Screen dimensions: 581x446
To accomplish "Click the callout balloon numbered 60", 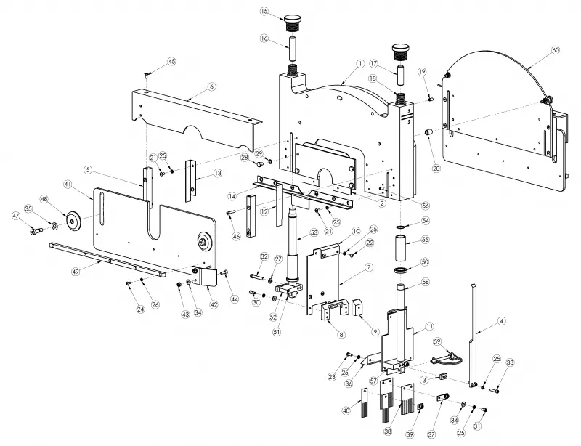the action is pos(556,50).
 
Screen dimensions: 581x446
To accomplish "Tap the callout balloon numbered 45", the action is pos(171,62).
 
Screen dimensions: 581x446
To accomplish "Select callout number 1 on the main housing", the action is pos(359,64).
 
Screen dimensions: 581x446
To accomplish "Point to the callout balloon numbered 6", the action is pos(211,86).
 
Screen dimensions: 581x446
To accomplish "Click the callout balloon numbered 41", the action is pos(68,184).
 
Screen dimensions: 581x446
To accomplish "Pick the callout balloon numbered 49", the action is pos(76,272).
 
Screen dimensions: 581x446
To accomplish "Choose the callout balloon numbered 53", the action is pos(314,232).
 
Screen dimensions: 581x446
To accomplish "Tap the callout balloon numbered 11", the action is pos(429,326).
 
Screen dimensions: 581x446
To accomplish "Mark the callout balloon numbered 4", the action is pos(501,321).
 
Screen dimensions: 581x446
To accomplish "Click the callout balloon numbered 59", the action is pos(438,341).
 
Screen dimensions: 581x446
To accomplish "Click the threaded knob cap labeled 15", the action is pos(293,23).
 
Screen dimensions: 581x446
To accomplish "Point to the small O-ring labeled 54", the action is pos(401,227).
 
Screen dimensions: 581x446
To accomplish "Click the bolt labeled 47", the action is pos(36,232).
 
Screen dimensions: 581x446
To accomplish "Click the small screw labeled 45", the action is pos(146,75).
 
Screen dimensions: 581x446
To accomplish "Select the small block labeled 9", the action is pos(359,307).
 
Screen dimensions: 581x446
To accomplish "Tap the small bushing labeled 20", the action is pos(428,132).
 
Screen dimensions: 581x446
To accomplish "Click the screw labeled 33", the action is pos(495,389).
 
